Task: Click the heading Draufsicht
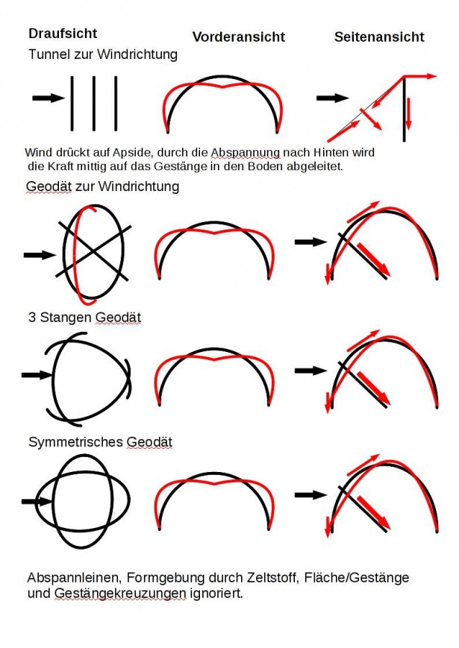pos(63,34)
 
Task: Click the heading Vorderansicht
pos(239,37)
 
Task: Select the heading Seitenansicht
pos(379,37)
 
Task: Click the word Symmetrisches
pos(75,442)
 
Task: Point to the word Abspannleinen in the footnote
pos(75,577)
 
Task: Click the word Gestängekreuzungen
pos(120,594)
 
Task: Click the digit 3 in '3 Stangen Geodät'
pos(32,318)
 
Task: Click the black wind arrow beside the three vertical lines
pos(49,98)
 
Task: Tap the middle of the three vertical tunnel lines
pos(94,104)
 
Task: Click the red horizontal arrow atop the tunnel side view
pos(419,76)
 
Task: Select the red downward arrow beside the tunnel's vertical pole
pos(408,113)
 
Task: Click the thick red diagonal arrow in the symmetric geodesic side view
pos(373,512)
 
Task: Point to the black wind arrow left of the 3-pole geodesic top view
pos(37,375)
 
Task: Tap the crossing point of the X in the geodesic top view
pos(93,251)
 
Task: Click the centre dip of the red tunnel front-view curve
pos(223,87)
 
